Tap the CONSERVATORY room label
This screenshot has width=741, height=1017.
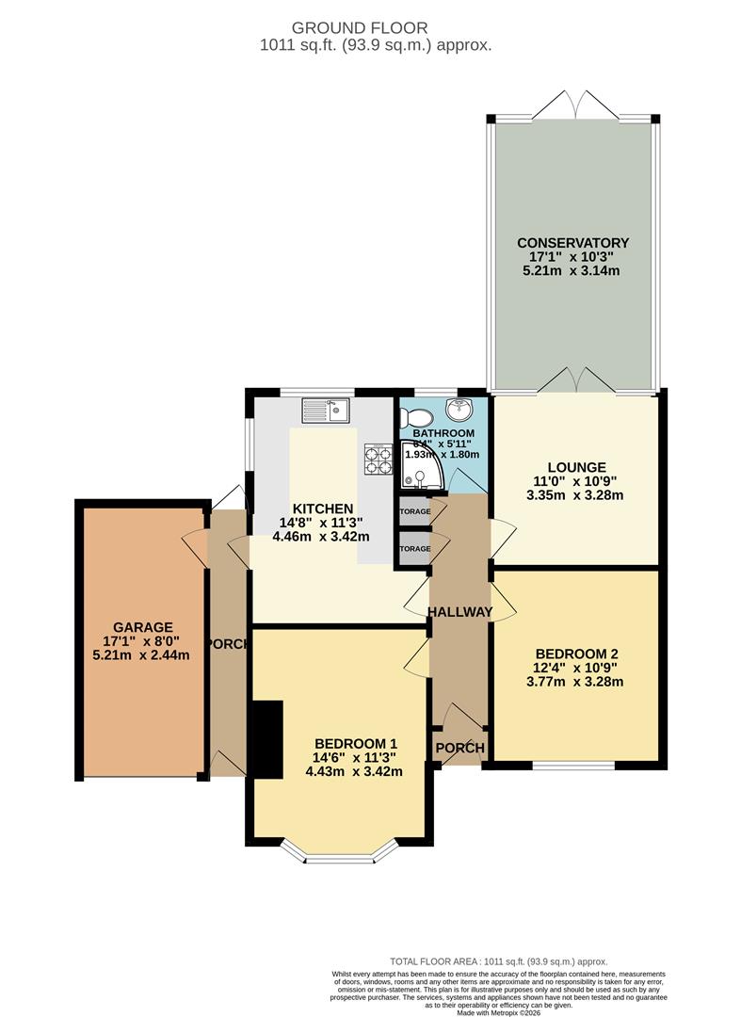click(x=573, y=243)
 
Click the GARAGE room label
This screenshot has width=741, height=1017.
click(x=143, y=626)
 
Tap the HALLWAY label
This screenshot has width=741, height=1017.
click(x=459, y=612)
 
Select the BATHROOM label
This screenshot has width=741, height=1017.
click(x=443, y=433)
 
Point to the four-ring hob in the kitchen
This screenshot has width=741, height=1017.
click(x=378, y=459)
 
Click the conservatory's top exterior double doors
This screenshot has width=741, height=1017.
click(x=574, y=105)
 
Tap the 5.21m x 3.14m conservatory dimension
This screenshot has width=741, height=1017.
click(x=573, y=272)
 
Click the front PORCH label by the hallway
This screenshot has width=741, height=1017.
click(x=459, y=749)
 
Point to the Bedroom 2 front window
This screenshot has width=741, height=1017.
click(x=574, y=764)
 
